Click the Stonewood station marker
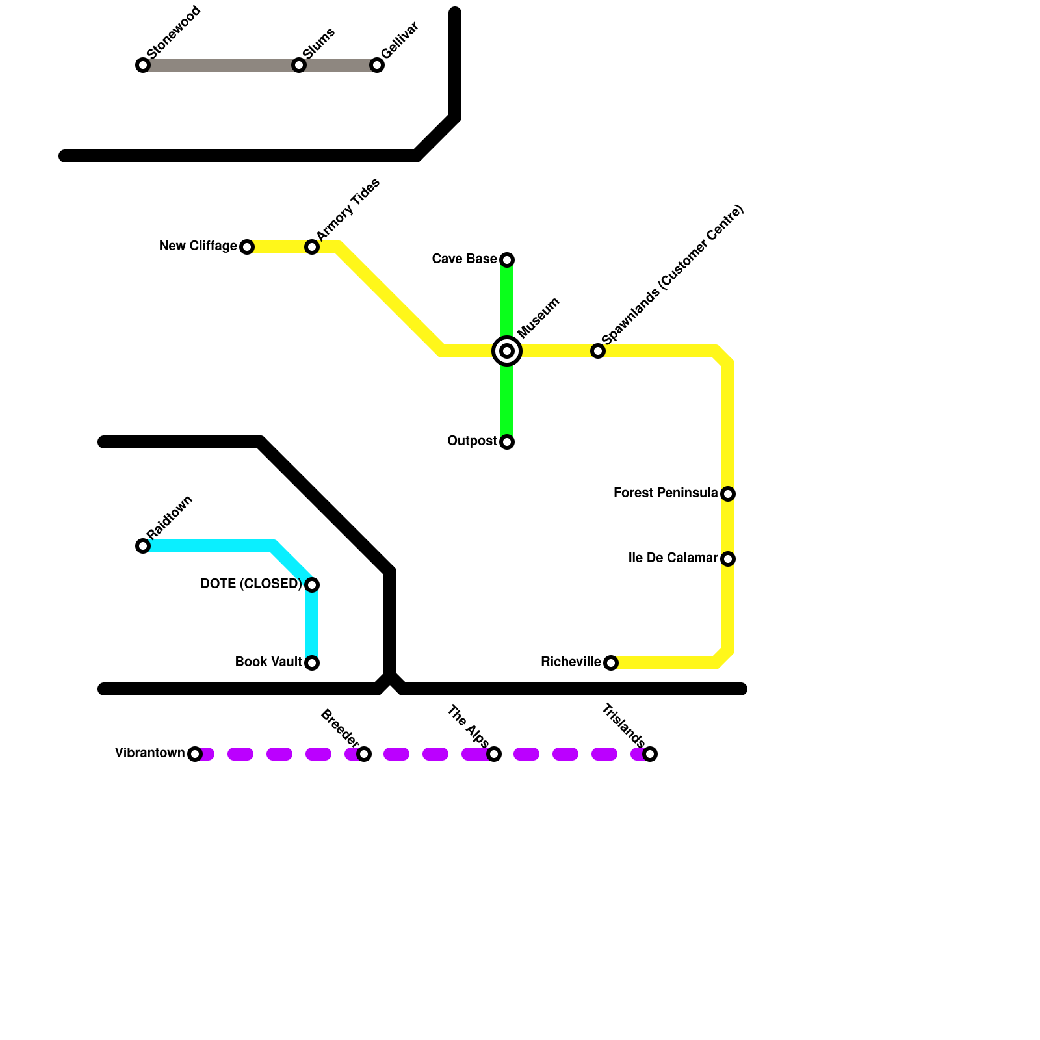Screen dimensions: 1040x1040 143,65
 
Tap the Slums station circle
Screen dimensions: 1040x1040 299,65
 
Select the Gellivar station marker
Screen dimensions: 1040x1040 377,65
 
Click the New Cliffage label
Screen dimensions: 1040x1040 198,246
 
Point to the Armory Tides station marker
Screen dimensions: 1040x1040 312,247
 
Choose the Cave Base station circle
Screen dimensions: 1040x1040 507,260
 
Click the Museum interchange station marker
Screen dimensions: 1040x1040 507,351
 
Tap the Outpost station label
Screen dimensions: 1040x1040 472,441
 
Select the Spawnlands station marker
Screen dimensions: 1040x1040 598,351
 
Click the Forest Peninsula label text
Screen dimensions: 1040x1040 666,493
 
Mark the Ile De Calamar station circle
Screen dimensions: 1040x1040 728,559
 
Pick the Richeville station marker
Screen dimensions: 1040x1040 611,663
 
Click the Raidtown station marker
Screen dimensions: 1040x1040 143,546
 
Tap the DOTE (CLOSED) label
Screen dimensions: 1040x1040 251,584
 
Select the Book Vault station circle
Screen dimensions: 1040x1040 312,663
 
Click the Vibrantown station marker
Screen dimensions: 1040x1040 195,754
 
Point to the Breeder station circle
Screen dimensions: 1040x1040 364,754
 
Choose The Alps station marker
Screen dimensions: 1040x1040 494,754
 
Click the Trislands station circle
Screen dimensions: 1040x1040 650,754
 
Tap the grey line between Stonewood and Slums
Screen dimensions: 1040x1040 221,65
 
